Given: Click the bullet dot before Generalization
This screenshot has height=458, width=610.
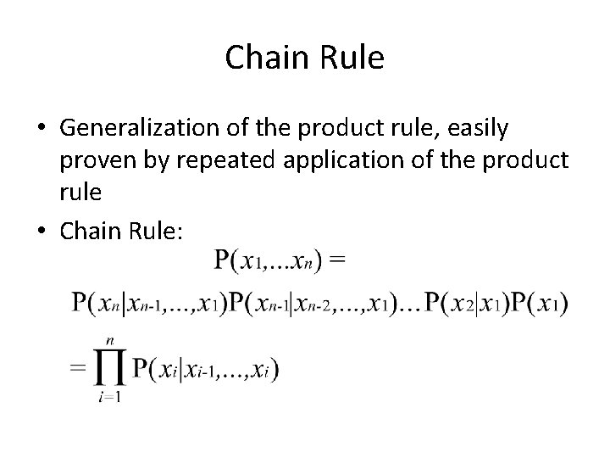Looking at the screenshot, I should click(42, 129).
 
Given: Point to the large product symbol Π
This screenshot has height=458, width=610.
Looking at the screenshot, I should click(108, 369).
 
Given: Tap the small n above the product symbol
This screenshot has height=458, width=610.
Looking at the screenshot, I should click(108, 339).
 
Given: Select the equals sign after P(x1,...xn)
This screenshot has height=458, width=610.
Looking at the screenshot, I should click(337, 258).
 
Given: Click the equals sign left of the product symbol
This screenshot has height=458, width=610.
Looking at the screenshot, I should click(78, 370).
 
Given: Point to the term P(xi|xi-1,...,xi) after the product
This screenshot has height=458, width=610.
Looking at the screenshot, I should click(206, 370).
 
